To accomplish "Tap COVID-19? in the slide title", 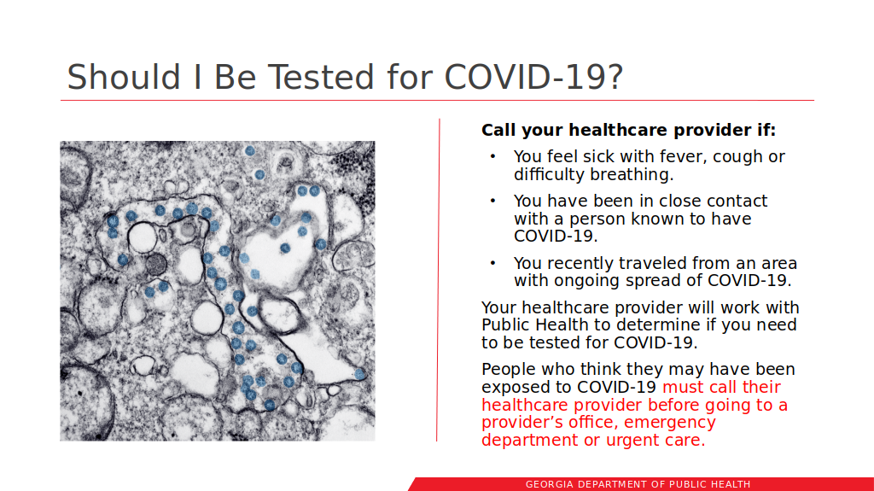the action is [x=533, y=77].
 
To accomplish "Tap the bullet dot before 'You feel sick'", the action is [x=492, y=157].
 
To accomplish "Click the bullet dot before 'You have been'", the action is [x=492, y=201].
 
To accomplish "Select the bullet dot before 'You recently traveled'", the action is [x=492, y=263].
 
